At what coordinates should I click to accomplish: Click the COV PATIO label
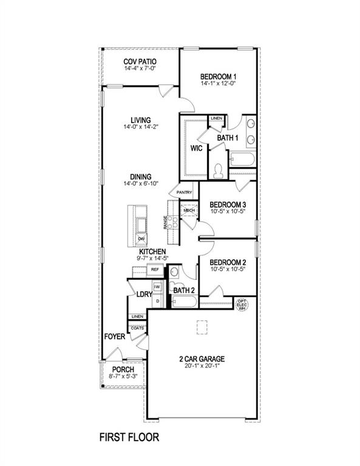140,62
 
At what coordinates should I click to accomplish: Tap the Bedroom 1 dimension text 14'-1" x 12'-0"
218,84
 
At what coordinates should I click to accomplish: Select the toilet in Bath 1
219,171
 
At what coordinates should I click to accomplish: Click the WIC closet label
197,148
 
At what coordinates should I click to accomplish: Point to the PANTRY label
184,192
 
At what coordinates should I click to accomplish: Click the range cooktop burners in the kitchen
172,222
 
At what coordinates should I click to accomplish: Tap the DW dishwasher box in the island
141,239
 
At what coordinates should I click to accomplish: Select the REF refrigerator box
155,270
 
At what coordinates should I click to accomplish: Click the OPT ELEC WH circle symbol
242,305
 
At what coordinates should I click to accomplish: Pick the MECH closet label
189,211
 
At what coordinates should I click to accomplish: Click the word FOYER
115,337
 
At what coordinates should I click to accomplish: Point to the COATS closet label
137,328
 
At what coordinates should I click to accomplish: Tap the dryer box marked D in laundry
158,302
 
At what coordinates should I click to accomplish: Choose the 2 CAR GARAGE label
202,359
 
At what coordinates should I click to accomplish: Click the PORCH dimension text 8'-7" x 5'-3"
123,376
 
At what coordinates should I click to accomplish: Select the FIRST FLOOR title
129,437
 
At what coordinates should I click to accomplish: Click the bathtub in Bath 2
185,302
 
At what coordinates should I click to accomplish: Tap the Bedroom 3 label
228,204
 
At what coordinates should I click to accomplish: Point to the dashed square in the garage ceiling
202,328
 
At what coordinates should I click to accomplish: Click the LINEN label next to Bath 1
216,118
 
